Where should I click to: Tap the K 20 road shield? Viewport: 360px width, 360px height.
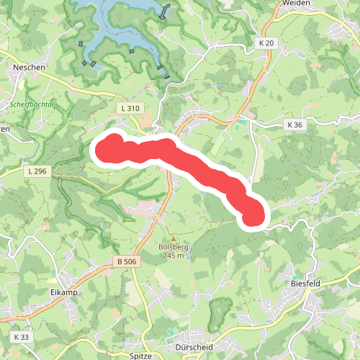pyautogui.click(x=266, y=44)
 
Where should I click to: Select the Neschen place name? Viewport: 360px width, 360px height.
pyautogui.click(x=29, y=67)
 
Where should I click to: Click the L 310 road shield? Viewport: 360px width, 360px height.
pyautogui.click(x=130, y=108)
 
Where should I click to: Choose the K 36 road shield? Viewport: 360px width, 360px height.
pyautogui.click(x=294, y=125)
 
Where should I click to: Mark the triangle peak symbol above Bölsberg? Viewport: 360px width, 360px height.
pyautogui.click(x=173, y=238)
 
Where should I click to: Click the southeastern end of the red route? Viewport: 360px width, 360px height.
pyautogui.click(x=253, y=215)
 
